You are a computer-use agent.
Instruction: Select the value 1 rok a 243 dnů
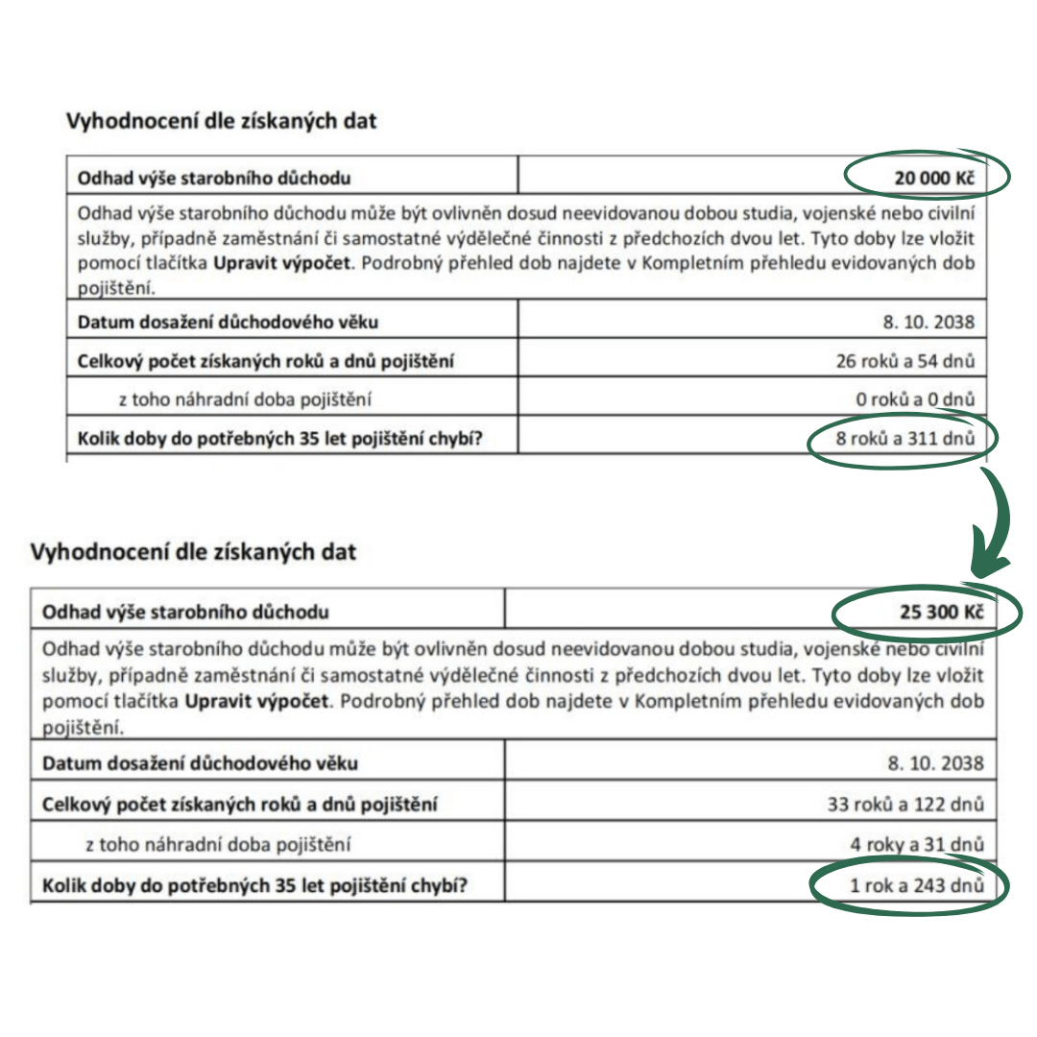click(x=916, y=884)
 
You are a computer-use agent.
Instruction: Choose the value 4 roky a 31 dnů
click(x=913, y=845)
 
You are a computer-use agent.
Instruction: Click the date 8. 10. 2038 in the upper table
click(x=930, y=321)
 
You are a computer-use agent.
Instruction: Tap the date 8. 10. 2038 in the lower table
click(x=936, y=763)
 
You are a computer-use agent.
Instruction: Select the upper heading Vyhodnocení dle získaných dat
click(x=221, y=121)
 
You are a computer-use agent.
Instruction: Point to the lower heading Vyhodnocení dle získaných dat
click(x=193, y=552)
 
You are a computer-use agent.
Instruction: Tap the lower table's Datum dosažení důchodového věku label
click(x=201, y=764)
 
